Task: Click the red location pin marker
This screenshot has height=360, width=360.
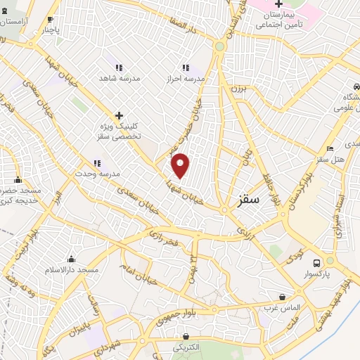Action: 181,165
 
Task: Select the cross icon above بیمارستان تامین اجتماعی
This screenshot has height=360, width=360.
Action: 278,4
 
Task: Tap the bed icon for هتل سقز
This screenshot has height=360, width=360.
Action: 330,149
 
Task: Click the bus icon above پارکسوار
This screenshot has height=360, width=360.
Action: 328,261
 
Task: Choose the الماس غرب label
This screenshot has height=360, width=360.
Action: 282,307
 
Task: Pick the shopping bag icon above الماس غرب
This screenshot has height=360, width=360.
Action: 282,297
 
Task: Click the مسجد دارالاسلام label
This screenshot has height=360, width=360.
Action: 72,270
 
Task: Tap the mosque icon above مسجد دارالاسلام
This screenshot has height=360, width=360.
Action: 71,259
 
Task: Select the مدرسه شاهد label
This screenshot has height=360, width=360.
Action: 119,78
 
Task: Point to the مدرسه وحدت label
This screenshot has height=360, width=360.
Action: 99,173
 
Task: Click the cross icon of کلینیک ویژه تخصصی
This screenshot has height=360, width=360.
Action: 119,115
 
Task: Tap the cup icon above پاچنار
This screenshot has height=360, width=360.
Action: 49,19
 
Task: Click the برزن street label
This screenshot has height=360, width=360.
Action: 240,89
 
